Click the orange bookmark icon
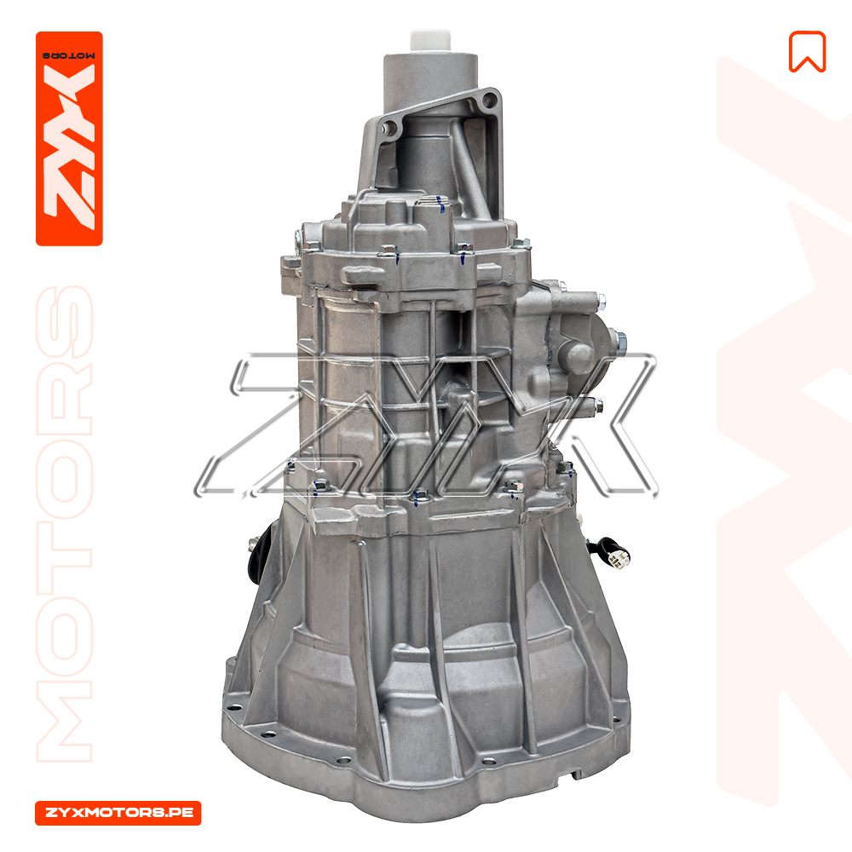807,52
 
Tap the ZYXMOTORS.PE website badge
118,813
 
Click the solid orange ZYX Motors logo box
69,139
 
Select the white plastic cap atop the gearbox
430,42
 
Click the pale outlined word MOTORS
65,524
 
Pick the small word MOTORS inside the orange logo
69,55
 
